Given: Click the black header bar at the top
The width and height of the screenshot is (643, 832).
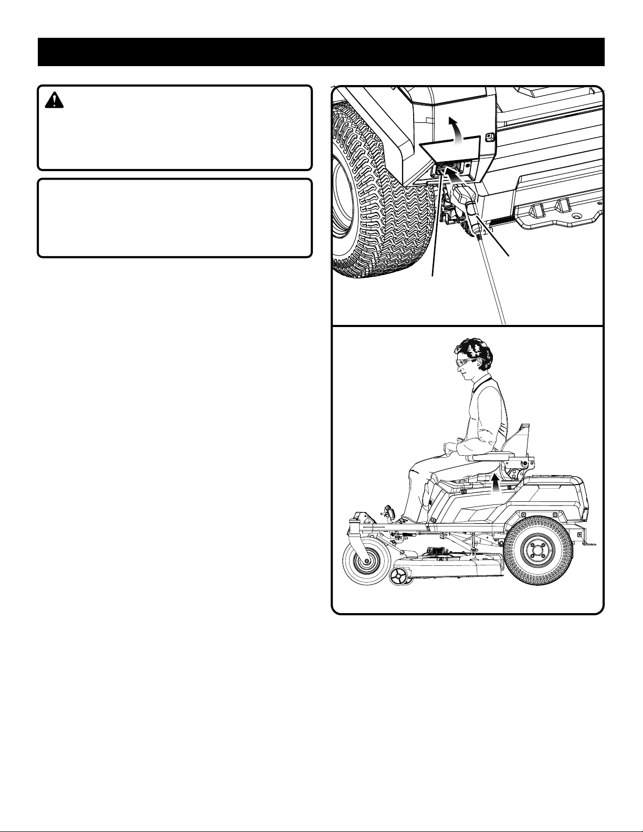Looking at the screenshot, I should click(x=321, y=51).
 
